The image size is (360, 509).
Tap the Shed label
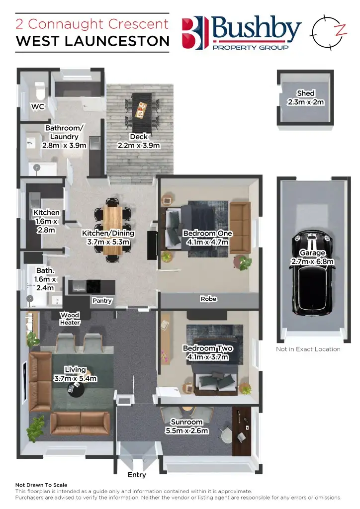pyautogui.click(x=305, y=93)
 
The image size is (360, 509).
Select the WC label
pyautogui.click(x=38, y=106)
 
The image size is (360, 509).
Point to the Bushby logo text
pyautogui.click(x=256, y=29)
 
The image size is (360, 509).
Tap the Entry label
pyautogui.click(x=137, y=475)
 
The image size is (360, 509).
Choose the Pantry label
pyautogui.click(x=102, y=301)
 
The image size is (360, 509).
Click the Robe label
pyautogui.click(x=208, y=299)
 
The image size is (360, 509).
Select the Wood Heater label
pyautogui.click(x=70, y=319)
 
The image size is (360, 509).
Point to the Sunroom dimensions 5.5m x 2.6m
pyautogui.click(x=186, y=430)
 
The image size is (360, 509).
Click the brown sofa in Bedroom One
pyautogui.click(x=241, y=227)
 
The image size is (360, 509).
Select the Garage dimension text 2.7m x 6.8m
pyautogui.click(x=312, y=261)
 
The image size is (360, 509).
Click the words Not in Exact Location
pyautogui.click(x=308, y=349)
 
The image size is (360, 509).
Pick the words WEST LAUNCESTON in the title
pyautogui.click(x=92, y=41)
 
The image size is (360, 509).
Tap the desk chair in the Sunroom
pyautogui.click(x=227, y=434)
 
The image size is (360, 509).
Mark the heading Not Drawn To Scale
pyautogui.click(x=41, y=485)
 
